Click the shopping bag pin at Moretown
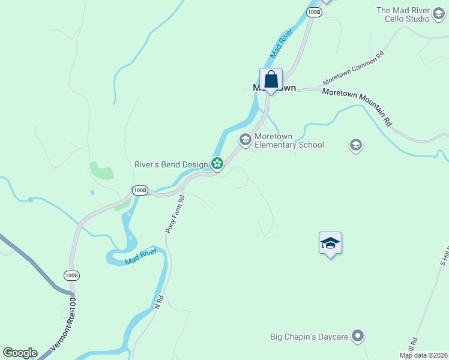pyautogui.click(x=271, y=80)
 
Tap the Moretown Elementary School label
pyautogui.click(x=289, y=140)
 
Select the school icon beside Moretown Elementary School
pyautogui.click(x=245, y=140)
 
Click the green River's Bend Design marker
pyautogui.click(x=217, y=163)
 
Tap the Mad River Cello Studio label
pyautogui.click(x=403, y=14)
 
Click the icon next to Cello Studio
pyautogui.click(x=439, y=19)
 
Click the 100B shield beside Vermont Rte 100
pyautogui.click(x=71, y=275)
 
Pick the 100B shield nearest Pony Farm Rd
pyautogui.click(x=140, y=190)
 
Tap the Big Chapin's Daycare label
pyautogui.click(x=309, y=337)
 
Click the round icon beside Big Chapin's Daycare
pyautogui.click(x=358, y=336)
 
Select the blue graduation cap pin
pyautogui.click(x=330, y=243)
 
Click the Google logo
pyautogui.click(x=20, y=353)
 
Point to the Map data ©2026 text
pyautogui.click(x=423, y=355)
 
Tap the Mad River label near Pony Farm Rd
pyautogui.click(x=141, y=257)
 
